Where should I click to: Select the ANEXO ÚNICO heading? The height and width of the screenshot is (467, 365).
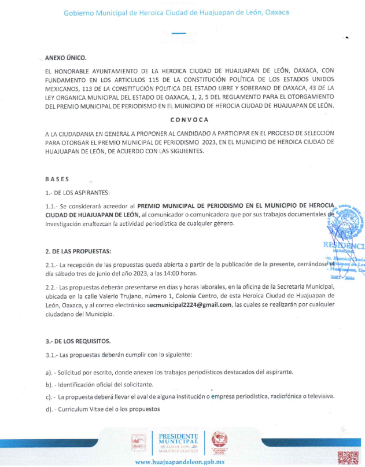(x=65, y=58)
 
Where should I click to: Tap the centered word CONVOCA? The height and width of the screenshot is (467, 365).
(x=189, y=120)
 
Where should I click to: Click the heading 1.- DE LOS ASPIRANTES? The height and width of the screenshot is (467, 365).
(x=77, y=192)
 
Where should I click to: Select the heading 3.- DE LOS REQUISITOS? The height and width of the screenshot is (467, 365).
(x=78, y=341)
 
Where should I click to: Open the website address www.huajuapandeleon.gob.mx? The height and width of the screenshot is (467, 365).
(x=179, y=462)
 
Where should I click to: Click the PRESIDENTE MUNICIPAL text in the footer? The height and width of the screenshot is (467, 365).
(x=178, y=439)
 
